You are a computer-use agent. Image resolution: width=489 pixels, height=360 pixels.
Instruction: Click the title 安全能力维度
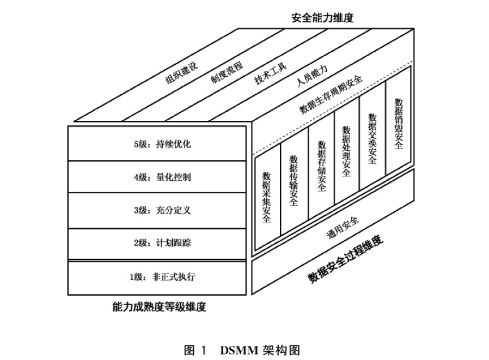[x=322, y=18]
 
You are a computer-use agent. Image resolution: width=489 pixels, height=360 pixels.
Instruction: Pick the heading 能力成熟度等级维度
[x=158, y=307]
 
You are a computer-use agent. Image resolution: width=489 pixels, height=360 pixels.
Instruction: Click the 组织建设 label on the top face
[x=182, y=74]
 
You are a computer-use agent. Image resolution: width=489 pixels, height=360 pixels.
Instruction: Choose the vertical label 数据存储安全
[x=321, y=167]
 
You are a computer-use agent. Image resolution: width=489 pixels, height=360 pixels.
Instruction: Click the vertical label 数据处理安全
[x=347, y=152]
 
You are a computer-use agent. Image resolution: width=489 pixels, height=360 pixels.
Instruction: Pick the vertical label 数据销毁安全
[x=399, y=124]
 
